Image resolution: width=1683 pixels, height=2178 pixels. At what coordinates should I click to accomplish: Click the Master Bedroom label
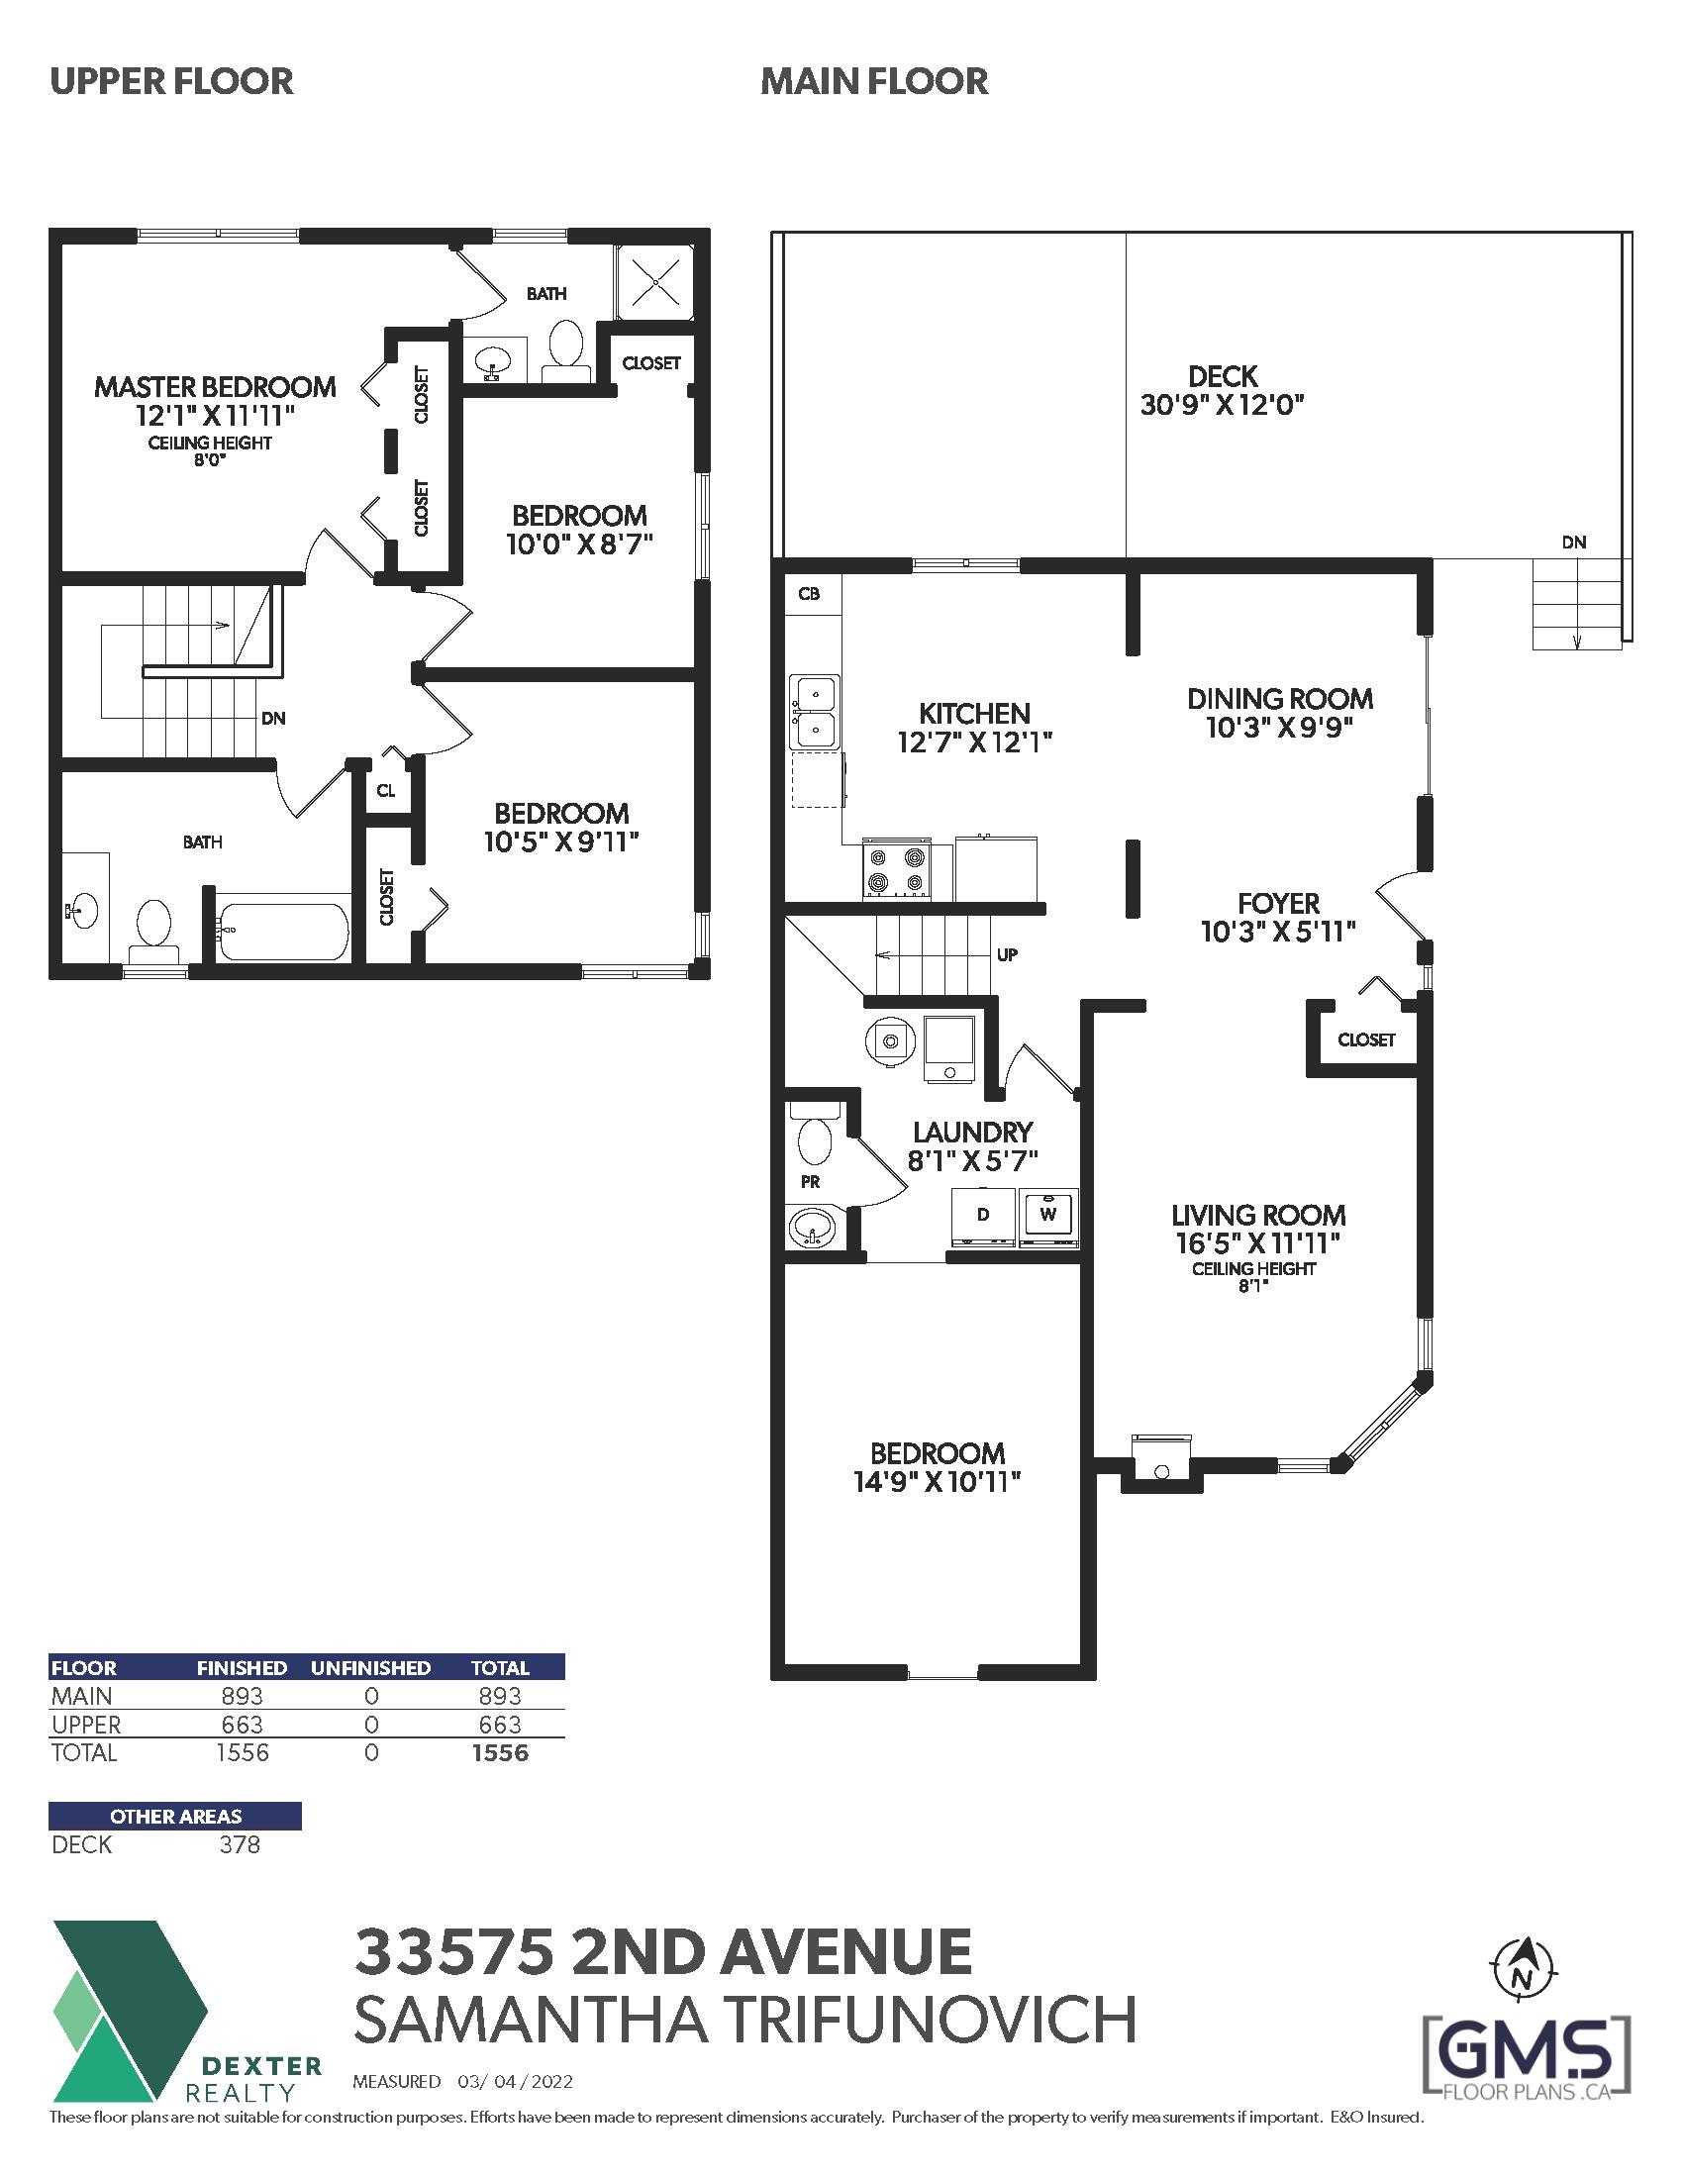click(215, 387)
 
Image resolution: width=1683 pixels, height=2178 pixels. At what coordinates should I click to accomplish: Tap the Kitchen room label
click(974, 714)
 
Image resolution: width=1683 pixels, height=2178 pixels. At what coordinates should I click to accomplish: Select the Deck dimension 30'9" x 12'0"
click(1223, 405)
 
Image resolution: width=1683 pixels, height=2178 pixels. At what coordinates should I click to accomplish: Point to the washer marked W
click(1047, 1218)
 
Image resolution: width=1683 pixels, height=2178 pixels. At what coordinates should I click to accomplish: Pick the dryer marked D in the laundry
click(983, 1218)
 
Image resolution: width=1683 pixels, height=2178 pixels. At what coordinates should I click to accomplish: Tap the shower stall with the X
click(655, 283)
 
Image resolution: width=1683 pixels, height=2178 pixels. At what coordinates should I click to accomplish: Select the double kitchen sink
click(816, 712)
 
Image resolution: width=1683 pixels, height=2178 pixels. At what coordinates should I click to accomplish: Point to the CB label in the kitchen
click(809, 593)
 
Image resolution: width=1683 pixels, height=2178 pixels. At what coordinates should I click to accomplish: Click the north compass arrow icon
click(1523, 1970)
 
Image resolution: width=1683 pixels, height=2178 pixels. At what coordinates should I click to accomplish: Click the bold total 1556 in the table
click(500, 1753)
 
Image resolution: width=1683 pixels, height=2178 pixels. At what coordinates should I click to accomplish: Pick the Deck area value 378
click(240, 1845)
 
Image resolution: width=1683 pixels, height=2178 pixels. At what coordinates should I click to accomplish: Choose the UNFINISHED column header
click(371, 1667)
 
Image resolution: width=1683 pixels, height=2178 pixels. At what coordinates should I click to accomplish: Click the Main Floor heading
click(874, 81)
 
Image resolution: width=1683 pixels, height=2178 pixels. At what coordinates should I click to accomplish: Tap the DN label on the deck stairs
click(1574, 543)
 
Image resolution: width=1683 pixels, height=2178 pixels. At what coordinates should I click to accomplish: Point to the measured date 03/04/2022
click(516, 2081)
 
